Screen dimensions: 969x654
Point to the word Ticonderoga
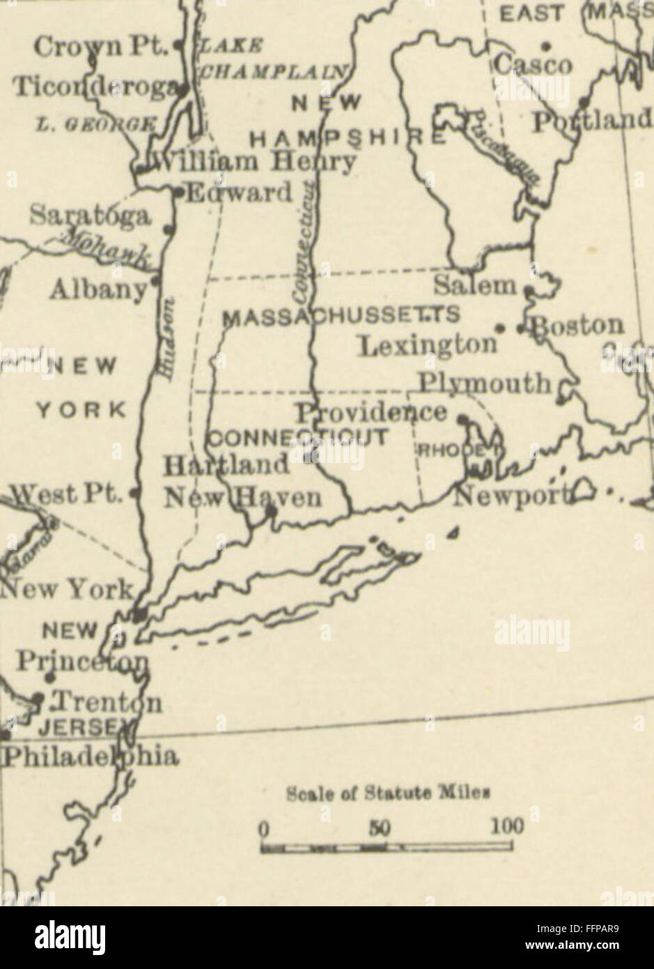(x=96, y=88)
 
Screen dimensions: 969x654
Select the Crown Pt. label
(x=101, y=47)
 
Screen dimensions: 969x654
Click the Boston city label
(x=577, y=326)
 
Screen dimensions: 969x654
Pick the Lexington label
(x=428, y=346)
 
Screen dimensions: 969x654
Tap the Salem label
(x=476, y=284)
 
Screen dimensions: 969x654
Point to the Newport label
(x=511, y=496)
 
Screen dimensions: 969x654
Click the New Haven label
(x=242, y=498)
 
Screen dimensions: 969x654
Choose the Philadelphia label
(x=89, y=756)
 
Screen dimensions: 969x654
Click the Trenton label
(x=107, y=702)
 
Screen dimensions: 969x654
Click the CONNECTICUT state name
(x=298, y=438)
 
